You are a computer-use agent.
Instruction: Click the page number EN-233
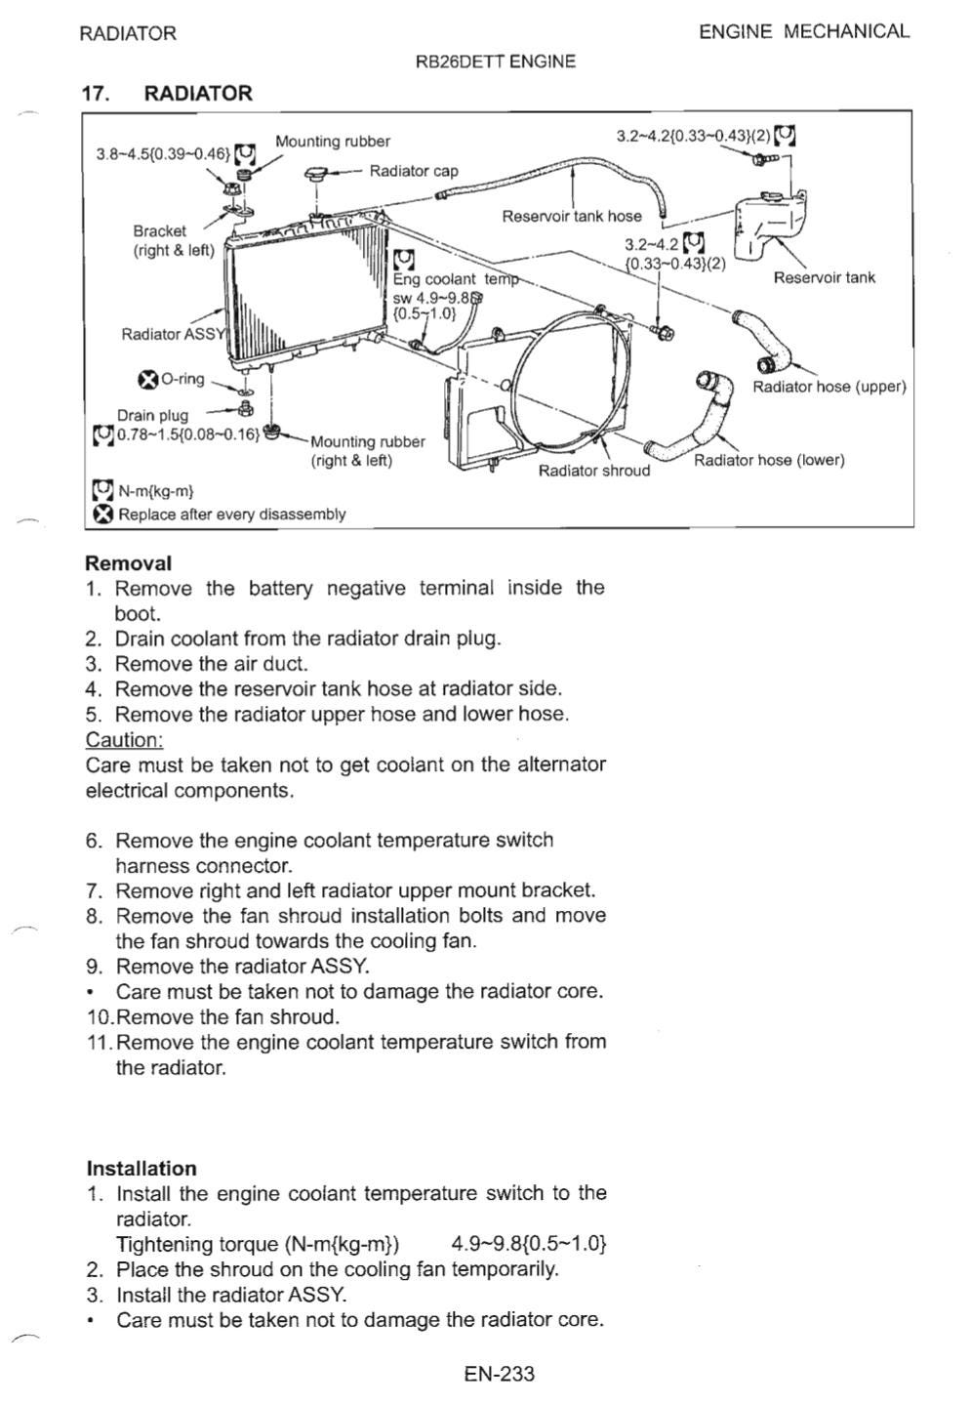click(x=500, y=1375)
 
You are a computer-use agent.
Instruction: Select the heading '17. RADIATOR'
click(x=168, y=94)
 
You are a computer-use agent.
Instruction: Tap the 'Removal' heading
click(x=128, y=563)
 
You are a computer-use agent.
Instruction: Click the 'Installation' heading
click(x=141, y=1169)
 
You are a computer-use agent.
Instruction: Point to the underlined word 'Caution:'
click(x=124, y=740)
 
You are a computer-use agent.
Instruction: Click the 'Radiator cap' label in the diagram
click(x=413, y=172)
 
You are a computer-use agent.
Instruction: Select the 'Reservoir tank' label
click(x=824, y=278)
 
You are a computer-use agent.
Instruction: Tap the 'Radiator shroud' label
click(x=593, y=471)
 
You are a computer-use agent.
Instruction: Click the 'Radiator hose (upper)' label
click(x=829, y=387)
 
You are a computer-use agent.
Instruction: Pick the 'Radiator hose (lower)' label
click(x=769, y=460)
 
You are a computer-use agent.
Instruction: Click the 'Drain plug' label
click(x=152, y=415)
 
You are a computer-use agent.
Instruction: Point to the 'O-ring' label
click(x=182, y=379)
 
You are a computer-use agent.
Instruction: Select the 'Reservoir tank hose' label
click(x=572, y=216)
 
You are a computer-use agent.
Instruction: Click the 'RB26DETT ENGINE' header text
click(x=495, y=62)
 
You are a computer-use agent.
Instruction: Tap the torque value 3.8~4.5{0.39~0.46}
click(x=163, y=153)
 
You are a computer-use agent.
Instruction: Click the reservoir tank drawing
click(x=772, y=225)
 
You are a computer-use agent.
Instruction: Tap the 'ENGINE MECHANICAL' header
click(x=804, y=31)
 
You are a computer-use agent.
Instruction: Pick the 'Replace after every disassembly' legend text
click(x=231, y=515)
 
